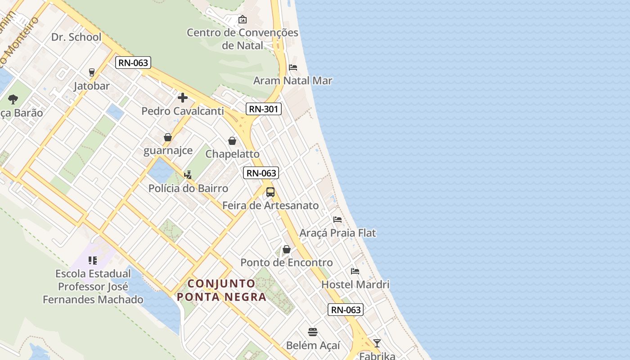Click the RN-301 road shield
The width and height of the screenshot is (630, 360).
pyautogui.click(x=264, y=109)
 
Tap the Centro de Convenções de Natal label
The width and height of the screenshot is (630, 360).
pyautogui.click(x=242, y=39)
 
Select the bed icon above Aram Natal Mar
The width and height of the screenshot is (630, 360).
pyautogui.click(x=293, y=67)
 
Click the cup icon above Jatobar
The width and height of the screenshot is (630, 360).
pyautogui.click(x=92, y=72)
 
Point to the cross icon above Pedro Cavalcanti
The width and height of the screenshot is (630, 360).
pyautogui.click(x=183, y=97)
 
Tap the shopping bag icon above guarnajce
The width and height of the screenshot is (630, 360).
pyautogui.click(x=168, y=137)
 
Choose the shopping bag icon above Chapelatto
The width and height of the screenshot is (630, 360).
pyautogui.click(x=232, y=141)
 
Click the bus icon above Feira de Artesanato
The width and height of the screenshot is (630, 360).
pyautogui.click(x=270, y=192)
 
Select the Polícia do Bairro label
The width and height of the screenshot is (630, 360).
pyautogui.click(x=188, y=189)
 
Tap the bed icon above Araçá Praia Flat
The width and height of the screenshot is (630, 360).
pyautogui.click(x=337, y=220)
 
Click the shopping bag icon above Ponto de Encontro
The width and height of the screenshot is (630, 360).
pyautogui.click(x=287, y=249)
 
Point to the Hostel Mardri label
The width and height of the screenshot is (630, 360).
pyautogui.click(x=355, y=284)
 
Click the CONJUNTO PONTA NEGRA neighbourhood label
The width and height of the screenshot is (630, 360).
pyautogui.click(x=221, y=290)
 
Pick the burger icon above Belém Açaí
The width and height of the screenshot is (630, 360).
pyautogui.click(x=313, y=332)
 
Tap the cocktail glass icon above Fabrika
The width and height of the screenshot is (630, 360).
pyautogui.click(x=377, y=343)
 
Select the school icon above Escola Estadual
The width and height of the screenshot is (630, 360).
pyautogui.click(x=93, y=260)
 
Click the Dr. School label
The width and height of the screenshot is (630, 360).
pyautogui.click(x=76, y=37)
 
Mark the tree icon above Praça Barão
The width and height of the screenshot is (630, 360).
pyautogui.click(x=13, y=99)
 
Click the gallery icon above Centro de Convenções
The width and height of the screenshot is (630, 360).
pyautogui.click(x=243, y=19)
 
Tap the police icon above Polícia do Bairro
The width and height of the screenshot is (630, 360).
pyautogui.click(x=188, y=175)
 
